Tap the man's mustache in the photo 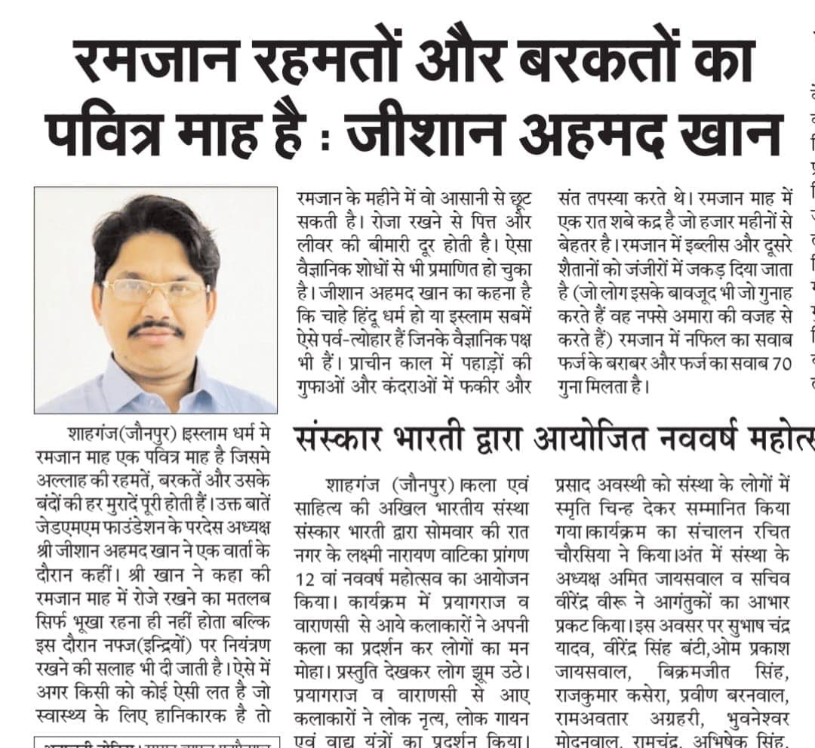pos(155,330)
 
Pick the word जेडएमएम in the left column pos(63,523)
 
